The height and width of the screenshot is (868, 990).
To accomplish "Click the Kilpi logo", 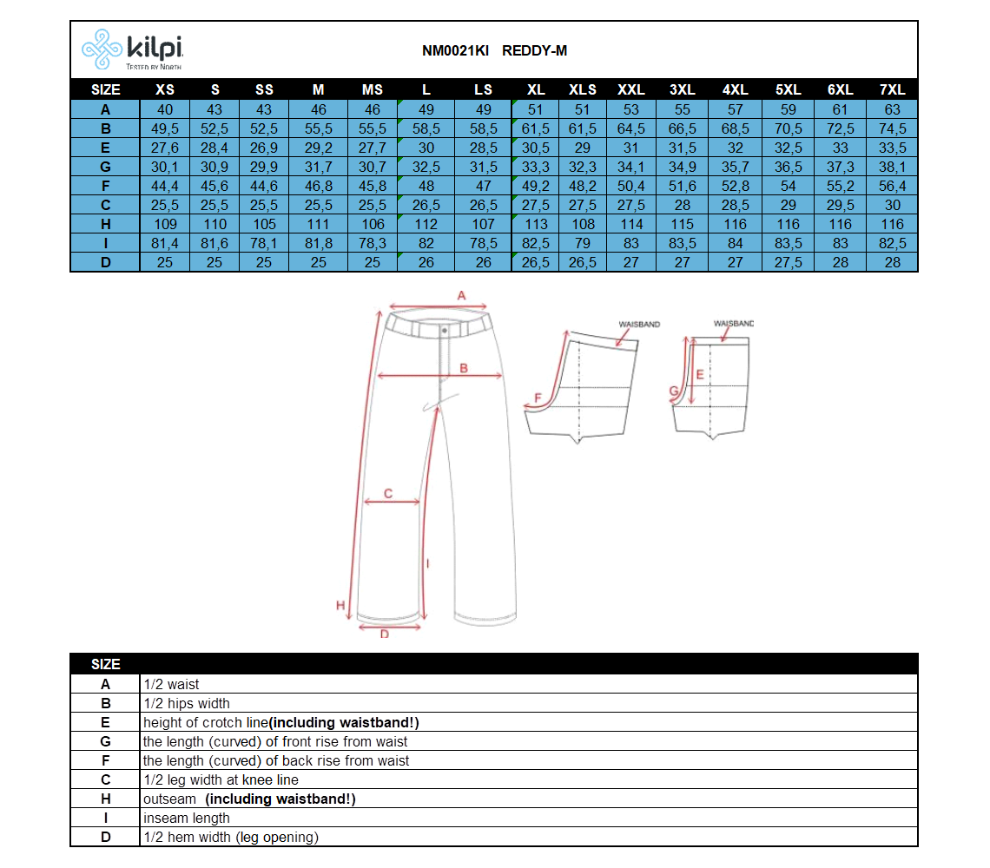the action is click(132, 49).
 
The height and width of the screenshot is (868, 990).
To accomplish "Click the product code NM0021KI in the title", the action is click(455, 50).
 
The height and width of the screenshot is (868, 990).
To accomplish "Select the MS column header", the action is click(373, 89).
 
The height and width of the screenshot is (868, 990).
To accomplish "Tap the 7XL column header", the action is click(892, 89).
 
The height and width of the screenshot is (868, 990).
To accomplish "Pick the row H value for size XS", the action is click(165, 224).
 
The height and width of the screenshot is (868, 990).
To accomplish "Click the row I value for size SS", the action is click(264, 243).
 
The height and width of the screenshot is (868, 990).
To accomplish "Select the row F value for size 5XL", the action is click(788, 187).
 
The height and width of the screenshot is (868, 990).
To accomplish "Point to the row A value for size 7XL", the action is click(892, 109).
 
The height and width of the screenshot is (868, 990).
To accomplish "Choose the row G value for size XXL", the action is click(630, 167).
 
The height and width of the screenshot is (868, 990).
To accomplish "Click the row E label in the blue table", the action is click(105, 148).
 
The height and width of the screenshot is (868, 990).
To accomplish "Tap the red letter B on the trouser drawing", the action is click(464, 368).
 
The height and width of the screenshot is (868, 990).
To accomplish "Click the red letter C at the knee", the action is click(387, 493).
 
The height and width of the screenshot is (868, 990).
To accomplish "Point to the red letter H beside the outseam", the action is click(340, 605).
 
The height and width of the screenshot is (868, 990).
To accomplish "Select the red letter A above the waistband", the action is click(461, 295).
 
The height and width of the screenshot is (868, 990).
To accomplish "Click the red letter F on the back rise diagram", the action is click(538, 398).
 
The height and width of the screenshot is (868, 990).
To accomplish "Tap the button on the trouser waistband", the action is click(445, 330).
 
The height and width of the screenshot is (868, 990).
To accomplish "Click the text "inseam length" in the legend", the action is click(186, 819).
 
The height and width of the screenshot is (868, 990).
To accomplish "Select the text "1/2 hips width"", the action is click(186, 703).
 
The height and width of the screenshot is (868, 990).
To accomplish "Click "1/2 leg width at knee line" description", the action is click(221, 779).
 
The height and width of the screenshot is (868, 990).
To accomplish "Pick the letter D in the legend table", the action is click(105, 837).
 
